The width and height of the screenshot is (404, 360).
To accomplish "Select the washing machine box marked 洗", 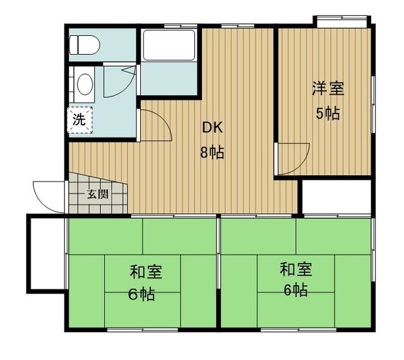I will coord(79,120).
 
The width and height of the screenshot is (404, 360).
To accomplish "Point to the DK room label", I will coord(211,128).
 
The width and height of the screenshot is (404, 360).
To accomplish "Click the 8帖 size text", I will coord(213,153).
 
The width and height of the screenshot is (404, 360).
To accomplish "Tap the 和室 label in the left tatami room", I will coord(146,272).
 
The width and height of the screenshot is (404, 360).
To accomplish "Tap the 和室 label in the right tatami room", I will coord(296,270).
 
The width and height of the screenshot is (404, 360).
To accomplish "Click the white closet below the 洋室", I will coord(336,196).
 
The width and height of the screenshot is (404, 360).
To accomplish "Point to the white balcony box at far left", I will coord(46,252).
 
